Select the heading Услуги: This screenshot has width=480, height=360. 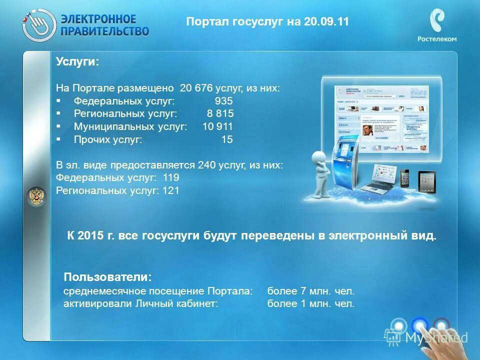[x=77, y=61]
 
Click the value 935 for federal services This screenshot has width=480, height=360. [x=224, y=101]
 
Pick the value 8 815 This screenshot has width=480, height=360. [x=220, y=114]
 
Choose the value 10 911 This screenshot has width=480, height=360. [x=217, y=127]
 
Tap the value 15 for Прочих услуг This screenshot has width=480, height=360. [x=227, y=140]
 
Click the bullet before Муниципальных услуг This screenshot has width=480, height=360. [x=59, y=127]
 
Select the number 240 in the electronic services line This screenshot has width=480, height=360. [x=206, y=165]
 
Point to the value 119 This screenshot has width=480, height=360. [x=170, y=178]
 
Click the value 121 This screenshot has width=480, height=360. [x=170, y=191]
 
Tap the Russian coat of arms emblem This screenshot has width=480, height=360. [x=36, y=196]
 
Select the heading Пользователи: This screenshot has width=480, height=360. [x=107, y=276]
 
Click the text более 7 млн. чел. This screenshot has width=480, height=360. [x=310, y=291]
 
